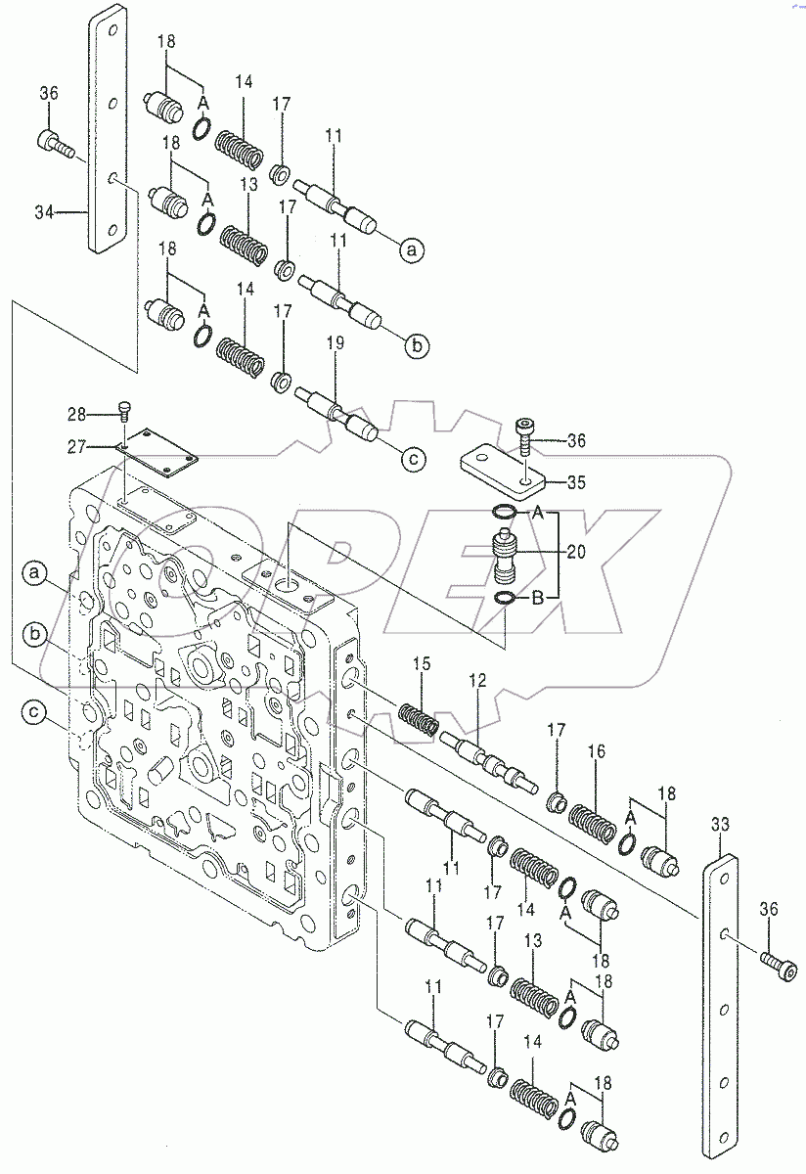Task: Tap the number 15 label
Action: click(x=421, y=664)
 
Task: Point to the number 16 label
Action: click(x=597, y=751)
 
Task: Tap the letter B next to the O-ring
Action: click(x=538, y=598)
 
